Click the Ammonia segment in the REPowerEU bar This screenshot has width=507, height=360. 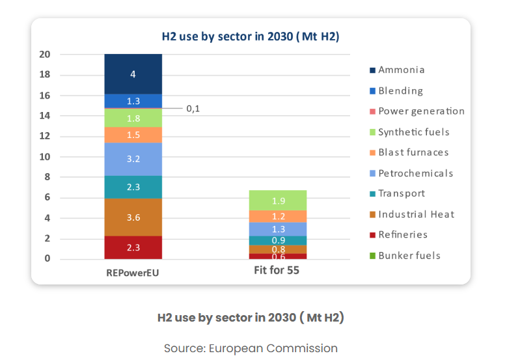133,74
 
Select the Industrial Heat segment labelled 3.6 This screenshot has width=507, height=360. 133,217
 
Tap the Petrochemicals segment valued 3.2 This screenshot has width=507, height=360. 133,159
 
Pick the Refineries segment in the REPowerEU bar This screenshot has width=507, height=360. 133,247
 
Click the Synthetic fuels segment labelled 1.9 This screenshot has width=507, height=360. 278,201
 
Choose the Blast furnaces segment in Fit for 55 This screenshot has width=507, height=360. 278,216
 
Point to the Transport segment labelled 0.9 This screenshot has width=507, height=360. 278,241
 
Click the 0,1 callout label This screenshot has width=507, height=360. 193,109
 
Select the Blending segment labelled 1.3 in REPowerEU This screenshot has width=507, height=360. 133,101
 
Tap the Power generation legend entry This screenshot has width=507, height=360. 417,111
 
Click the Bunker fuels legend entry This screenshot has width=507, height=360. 405,256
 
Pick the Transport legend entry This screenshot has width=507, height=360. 397,193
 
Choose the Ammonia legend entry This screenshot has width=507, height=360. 397,70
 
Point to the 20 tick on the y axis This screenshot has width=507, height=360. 45,54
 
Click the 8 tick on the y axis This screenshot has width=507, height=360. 48,177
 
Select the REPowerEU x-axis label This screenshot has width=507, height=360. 133,273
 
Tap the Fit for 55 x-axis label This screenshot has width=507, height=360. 277,270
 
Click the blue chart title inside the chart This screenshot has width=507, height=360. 251,36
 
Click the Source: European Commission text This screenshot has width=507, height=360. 251,348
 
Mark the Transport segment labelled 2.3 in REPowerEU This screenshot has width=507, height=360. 133,187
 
